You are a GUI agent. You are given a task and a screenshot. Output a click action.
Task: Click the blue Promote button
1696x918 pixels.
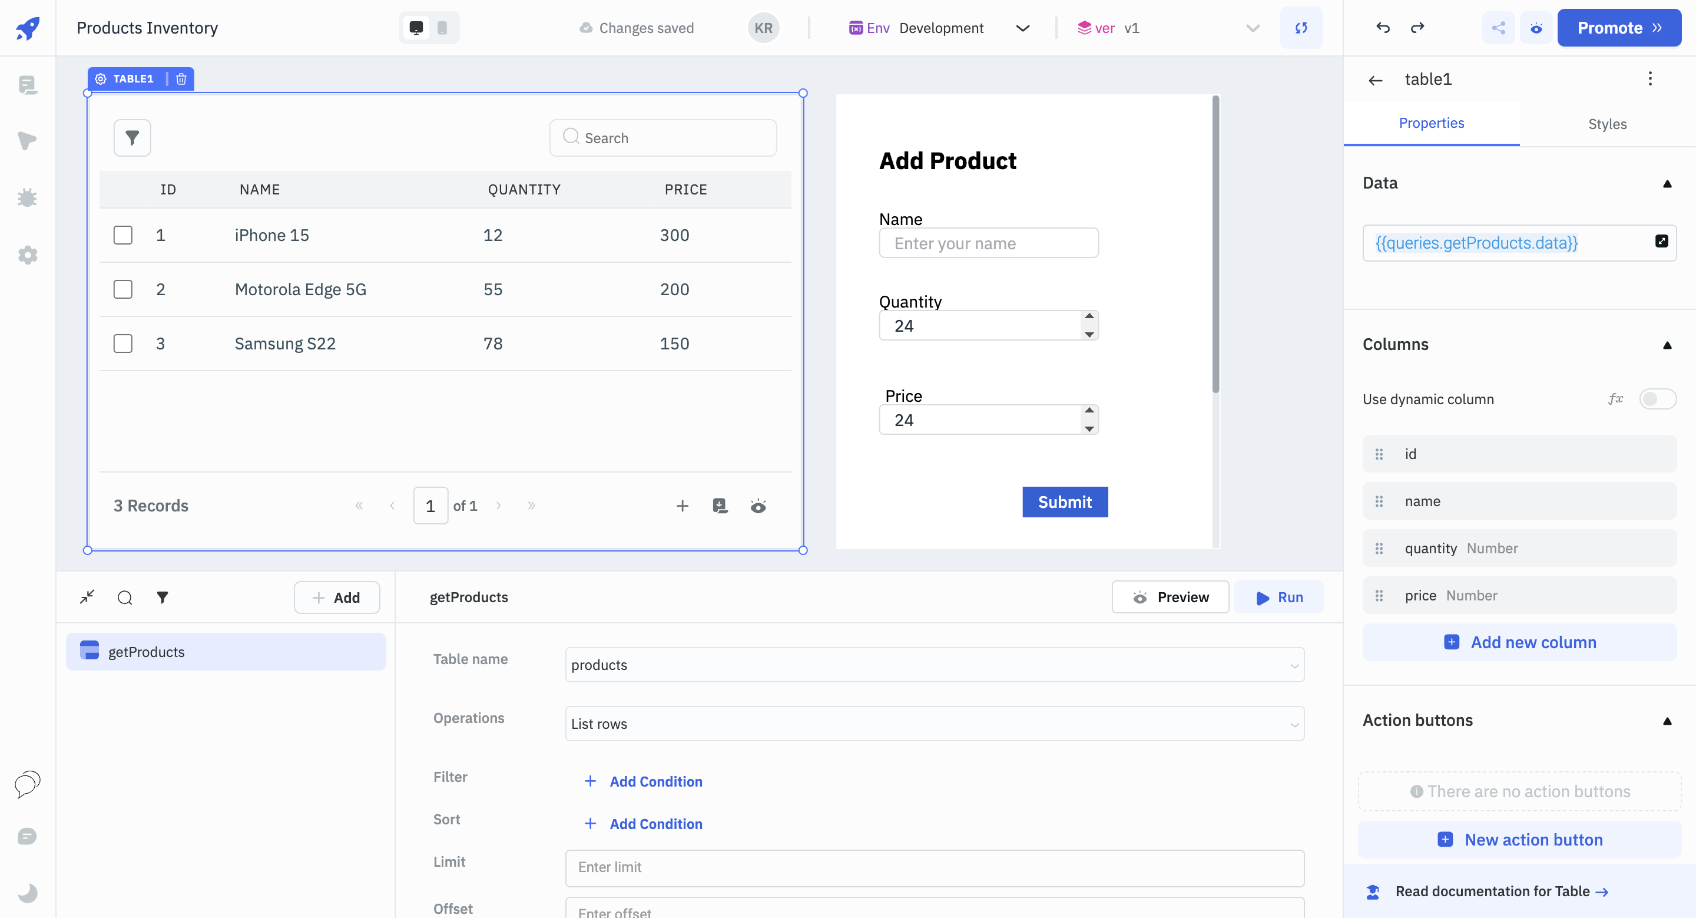[x=1618, y=28]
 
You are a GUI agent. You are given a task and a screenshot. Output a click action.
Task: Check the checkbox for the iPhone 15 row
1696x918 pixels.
[x=122, y=235]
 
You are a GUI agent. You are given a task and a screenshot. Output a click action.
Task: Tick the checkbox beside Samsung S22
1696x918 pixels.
[x=122, y=343]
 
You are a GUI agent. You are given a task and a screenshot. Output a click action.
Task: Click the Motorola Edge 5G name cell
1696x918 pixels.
[x=300, y=289]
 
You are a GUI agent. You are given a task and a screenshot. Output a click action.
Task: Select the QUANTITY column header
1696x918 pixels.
[x=524, y=190]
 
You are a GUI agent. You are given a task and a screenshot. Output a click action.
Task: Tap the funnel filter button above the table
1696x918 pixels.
[x=132, y=138]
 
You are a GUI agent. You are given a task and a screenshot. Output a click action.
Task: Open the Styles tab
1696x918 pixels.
[x=1606, y=124]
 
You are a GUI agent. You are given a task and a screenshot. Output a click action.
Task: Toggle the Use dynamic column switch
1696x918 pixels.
[x=1657, y=399]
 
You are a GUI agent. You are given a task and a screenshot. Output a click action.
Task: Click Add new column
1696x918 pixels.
[x=1519, y=642]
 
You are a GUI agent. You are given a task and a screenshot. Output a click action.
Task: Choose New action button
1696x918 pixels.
[x=1519, y=840]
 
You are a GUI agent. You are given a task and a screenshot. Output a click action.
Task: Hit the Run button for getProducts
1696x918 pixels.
[x=1278, y=597]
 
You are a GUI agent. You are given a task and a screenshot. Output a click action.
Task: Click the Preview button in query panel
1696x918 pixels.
[x=1170, y=597]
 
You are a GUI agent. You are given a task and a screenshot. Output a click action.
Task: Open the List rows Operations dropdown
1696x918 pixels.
[x=934, y=724]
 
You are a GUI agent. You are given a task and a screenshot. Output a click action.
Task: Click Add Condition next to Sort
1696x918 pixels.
[x=655, y=824]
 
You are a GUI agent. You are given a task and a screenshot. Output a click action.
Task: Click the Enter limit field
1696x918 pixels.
[x=934, y=867]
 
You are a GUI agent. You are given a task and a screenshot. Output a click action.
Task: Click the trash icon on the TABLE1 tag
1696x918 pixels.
[x=181, y=79]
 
